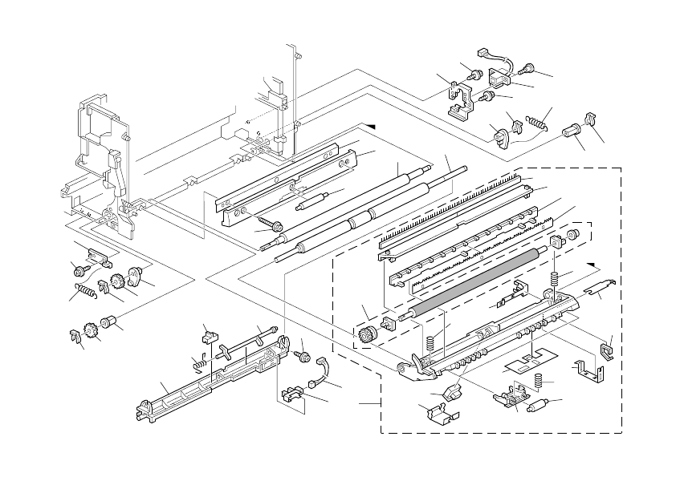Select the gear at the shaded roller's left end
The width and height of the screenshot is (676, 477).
pos(370,334)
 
